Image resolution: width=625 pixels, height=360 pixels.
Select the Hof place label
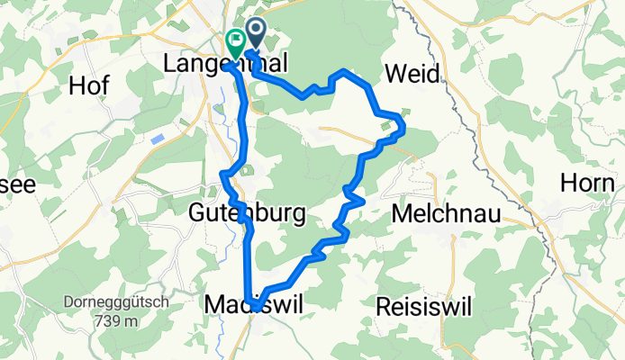tap(88, 85)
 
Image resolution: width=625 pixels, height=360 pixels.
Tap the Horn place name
tap(586, 183)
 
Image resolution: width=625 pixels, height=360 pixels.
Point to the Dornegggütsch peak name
tap(102, 303)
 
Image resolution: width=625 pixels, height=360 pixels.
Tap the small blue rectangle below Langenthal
tap(159, 139)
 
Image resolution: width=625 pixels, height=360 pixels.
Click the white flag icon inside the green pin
tap(236, 38)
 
